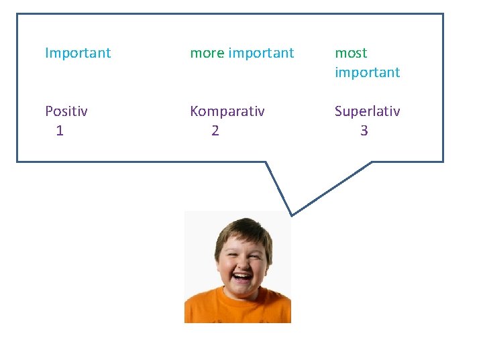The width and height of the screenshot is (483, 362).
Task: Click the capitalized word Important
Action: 78,53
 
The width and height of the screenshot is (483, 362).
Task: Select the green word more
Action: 207,53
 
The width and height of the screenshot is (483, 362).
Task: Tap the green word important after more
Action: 261,53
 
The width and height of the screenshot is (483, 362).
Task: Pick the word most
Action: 351,53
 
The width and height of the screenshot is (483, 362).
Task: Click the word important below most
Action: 367,72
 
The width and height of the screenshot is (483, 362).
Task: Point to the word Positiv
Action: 66,111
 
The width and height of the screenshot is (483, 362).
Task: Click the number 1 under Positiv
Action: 60,131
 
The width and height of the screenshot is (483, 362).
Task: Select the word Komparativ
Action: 227,111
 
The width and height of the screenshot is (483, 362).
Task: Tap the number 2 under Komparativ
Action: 215,131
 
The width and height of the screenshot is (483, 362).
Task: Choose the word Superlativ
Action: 367,111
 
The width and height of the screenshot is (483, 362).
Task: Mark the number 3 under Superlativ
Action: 364,131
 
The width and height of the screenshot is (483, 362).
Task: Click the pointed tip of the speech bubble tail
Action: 291,215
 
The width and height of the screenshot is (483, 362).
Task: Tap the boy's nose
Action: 239,263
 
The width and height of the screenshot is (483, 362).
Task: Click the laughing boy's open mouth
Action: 241,276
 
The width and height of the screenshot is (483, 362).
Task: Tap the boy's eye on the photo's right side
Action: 252,254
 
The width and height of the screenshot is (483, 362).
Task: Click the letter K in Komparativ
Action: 195,111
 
